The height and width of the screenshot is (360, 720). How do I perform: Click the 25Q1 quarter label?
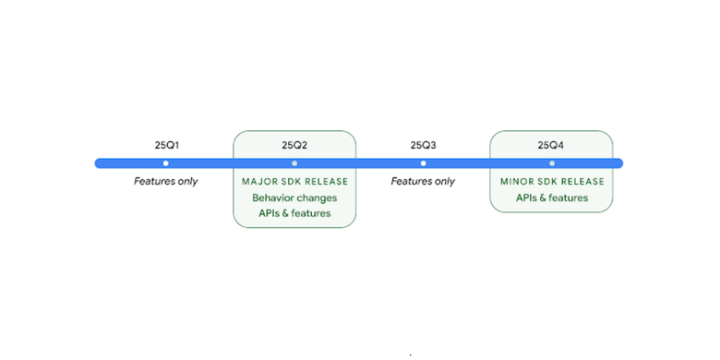coord(166,145)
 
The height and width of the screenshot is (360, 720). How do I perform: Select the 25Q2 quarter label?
coord(294,145)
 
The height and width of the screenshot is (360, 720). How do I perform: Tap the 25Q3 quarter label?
coord(423,145)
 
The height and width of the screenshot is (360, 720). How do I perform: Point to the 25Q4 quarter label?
coord(551,145)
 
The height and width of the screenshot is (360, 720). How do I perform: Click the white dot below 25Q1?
coord(166,163)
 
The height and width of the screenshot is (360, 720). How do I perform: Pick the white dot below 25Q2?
coord(294,163)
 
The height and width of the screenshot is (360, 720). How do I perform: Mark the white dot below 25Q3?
coord(423,163)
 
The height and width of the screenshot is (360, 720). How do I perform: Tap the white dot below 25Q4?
coord(551,163)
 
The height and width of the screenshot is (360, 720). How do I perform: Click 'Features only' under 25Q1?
coord(166,181)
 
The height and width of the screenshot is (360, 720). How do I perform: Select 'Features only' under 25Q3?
coord(423,181)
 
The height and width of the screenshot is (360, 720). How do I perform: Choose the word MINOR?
coord(517,182)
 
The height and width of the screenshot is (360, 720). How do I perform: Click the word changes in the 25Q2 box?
coord(318,198)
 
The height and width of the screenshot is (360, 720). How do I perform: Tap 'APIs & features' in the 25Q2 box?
coord(294,213)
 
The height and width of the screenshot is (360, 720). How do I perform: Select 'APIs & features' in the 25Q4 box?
coord(551,198)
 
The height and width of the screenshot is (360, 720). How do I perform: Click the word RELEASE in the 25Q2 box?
coord(324,182)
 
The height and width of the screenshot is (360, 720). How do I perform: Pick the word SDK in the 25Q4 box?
coord(549,182)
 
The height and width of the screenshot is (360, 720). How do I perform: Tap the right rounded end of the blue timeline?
coord(618,163)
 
